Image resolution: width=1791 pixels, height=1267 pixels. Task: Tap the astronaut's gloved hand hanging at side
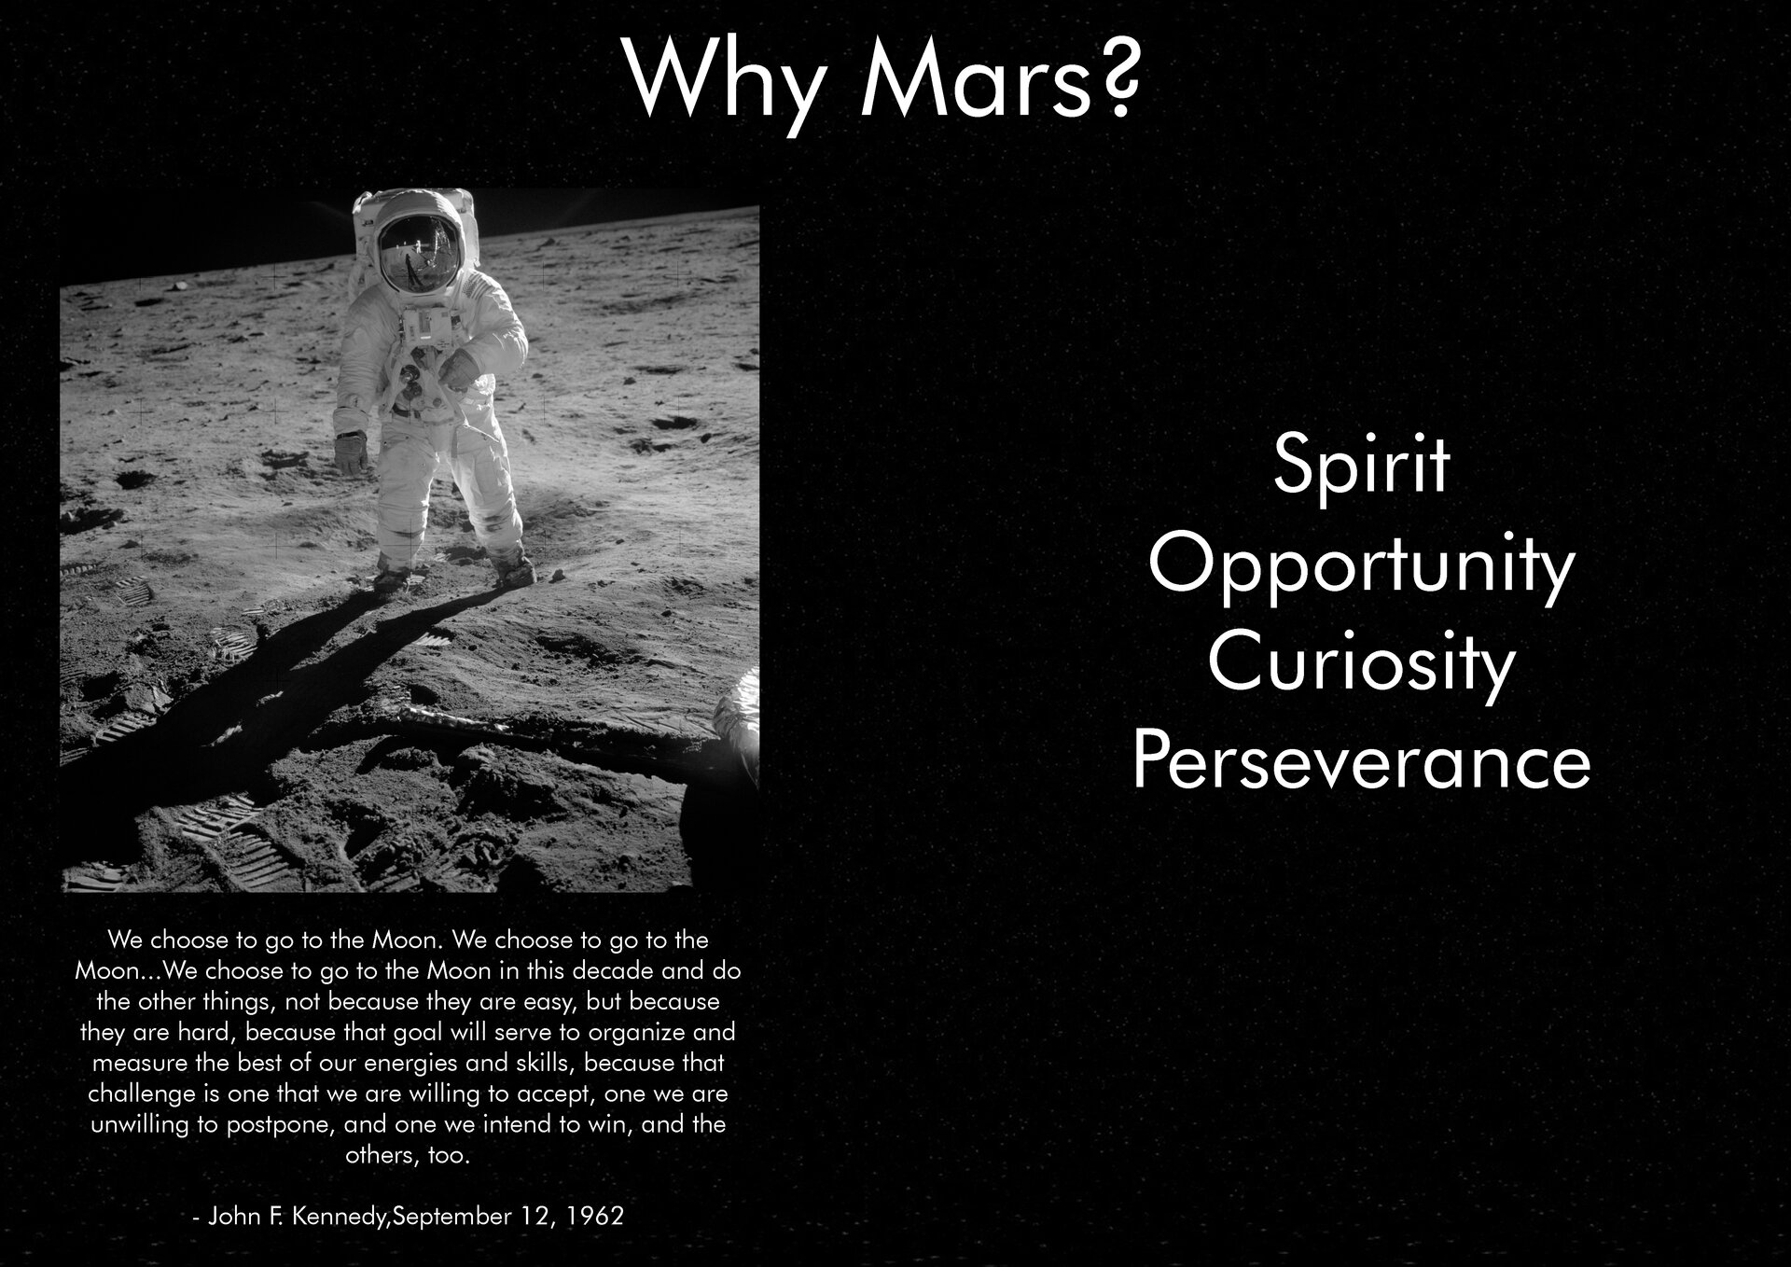[351, 452]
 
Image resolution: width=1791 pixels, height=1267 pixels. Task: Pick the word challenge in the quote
[142, 1093]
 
